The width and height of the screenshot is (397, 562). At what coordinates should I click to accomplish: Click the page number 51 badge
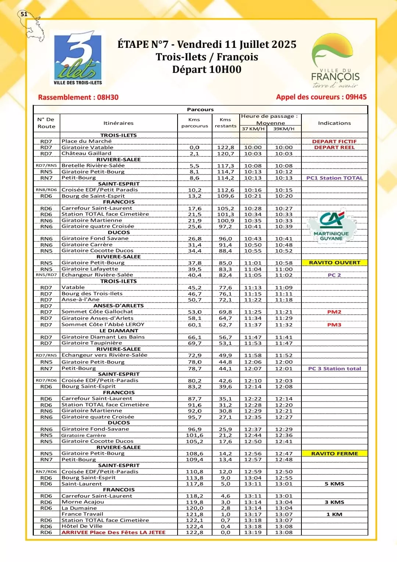coord(24,14)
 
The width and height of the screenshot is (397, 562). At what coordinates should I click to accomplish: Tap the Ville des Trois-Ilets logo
coord(78,60)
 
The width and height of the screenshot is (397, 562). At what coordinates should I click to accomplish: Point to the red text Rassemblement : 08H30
coord(78,98)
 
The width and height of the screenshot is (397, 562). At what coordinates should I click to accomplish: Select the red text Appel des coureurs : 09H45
coord(321,97)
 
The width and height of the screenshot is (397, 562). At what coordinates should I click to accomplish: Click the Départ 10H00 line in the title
coord(207,70)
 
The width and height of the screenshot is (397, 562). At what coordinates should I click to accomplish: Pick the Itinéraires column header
coord(118,123)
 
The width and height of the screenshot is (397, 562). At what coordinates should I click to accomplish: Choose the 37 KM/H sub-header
coord(253,129)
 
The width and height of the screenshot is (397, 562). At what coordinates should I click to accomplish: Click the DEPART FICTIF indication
coord(334,141)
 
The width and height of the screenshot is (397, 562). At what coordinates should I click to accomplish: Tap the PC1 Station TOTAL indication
coord(334,178)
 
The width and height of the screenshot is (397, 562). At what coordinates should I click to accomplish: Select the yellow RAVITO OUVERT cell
coord(335,263)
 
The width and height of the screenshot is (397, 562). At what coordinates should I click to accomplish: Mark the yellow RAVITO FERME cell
coord(335,454)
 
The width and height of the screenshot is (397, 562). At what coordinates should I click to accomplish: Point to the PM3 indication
coord(334,325)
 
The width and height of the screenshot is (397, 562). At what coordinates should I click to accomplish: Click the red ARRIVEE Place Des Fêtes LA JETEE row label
coord(114,533)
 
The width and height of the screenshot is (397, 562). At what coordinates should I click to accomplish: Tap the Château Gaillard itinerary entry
coord(86,153)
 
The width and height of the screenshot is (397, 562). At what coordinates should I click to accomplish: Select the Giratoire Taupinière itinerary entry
coord(92,343)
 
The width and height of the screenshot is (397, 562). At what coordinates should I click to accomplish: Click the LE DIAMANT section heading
coord(119,331)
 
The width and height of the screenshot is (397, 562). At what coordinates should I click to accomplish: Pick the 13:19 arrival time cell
coord(253,533)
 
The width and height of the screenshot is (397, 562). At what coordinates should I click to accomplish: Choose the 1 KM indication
coord(334,515)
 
